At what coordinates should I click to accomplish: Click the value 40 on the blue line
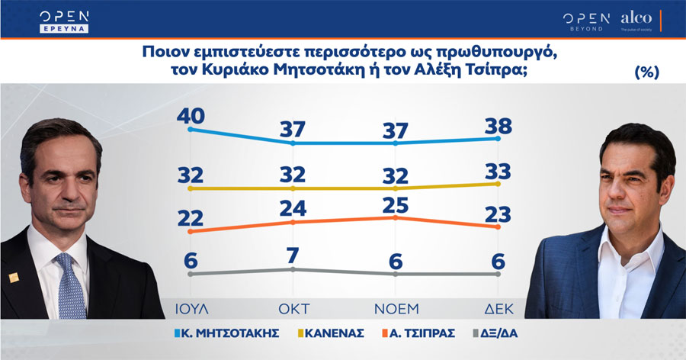(x=191, y=116)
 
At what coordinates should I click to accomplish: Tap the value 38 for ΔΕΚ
(x=498, y=127)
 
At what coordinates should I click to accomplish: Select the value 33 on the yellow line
(x=498, y=172)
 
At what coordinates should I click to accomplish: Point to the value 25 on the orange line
(x=396, y=205)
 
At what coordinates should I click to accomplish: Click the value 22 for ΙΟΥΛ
(x=191, y=218)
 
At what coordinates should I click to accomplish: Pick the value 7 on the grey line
(x=293, y=256)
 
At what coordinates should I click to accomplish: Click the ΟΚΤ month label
(x=294, y=309)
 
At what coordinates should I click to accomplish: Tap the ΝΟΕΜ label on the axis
(x=396, y=309)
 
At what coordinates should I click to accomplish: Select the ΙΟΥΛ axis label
(x=191, y=309)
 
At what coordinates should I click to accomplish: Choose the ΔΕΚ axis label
(x=498, y=309)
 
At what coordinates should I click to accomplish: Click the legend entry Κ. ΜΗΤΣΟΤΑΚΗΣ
(x=226, y=333)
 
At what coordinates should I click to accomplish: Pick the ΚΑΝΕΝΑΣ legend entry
(x=331, y=333)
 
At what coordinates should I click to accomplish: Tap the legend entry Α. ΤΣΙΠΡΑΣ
(x=418, y=333)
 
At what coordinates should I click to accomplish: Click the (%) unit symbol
(x=646, y=72)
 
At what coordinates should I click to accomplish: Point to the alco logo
(x=636, y=20)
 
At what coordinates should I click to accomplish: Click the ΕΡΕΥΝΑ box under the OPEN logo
(x=64, y=28)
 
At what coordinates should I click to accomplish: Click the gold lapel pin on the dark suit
(x=14, y=277)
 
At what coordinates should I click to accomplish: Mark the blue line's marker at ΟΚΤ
(x=293, y=143)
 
